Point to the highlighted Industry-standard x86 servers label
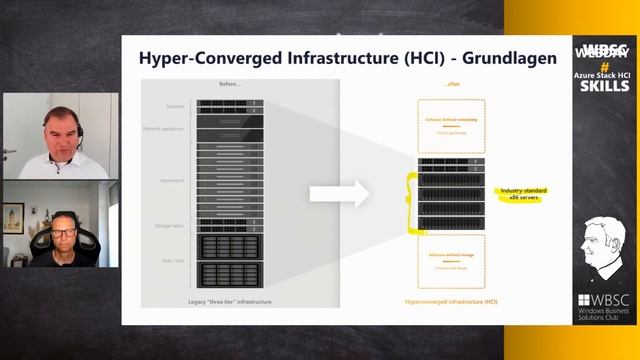click(521, 192)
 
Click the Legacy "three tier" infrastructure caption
click(230, 301)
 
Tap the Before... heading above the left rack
click(230, 83)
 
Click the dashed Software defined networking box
click(450, 125)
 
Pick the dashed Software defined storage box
click(450, 261)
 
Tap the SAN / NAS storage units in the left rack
click(230, 262)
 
